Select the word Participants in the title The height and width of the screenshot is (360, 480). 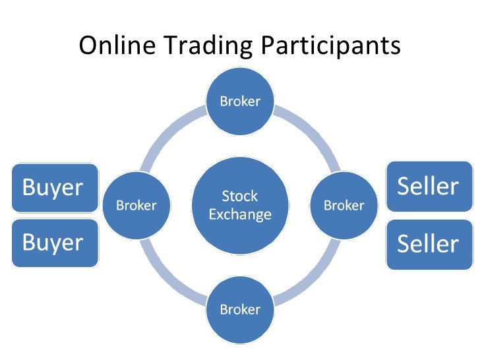(x=330, y=46)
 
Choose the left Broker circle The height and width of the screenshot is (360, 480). (x=136, y=205)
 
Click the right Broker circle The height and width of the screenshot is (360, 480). (x=344, y=205)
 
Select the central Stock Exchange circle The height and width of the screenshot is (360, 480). (x=240, y=205)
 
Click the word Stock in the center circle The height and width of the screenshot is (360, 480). (x=240, y=196)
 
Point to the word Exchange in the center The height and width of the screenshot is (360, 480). (x=240, y=214)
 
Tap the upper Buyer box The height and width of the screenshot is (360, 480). (x=55, y=188)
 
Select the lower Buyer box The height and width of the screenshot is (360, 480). (x=55, y=243)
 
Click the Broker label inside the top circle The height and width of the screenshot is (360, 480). (x=240, y=101)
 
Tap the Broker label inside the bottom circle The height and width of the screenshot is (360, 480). (x=240, y=309)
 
